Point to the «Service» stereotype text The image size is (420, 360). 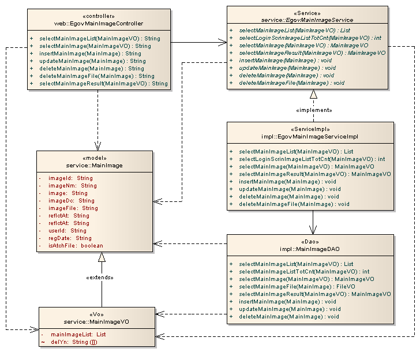[298, 13]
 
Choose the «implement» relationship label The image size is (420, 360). [313, 110]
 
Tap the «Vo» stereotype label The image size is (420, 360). [96, 313]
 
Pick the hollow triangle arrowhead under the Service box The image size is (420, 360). [313, 94]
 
